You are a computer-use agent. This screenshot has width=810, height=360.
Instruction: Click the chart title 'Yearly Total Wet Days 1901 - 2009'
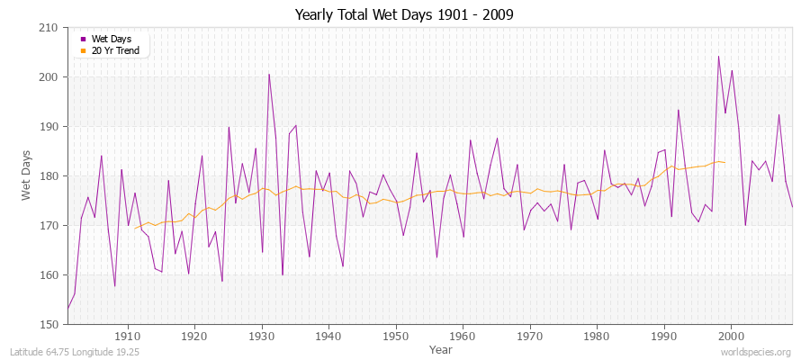(x=404, y=15)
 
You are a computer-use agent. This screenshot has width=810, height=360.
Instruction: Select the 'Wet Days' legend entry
(x=111, y=39)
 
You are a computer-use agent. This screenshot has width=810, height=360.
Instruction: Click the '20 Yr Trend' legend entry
(x=114, y=50)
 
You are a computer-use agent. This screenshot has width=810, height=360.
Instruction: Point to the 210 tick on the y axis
(x=49, y=28)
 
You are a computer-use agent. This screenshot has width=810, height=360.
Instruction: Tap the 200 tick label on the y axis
(x=49, y=77)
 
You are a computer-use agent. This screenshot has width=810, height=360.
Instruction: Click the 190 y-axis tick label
(x=49, y=127)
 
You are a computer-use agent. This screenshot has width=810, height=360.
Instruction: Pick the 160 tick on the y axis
(x=49, y=275)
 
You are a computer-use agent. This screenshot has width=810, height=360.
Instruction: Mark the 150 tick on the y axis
(x=49, y=324)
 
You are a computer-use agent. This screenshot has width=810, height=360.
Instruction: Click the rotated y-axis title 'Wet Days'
(x=27, y=176)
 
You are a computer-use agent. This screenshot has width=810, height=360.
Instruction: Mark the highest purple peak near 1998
(x=718, y=57)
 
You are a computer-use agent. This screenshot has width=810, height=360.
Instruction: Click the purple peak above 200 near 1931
(x=269, y=74)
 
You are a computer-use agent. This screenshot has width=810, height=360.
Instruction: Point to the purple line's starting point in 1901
(x=67, y=309)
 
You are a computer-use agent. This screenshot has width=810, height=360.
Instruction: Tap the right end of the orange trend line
(x=724, y=163)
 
